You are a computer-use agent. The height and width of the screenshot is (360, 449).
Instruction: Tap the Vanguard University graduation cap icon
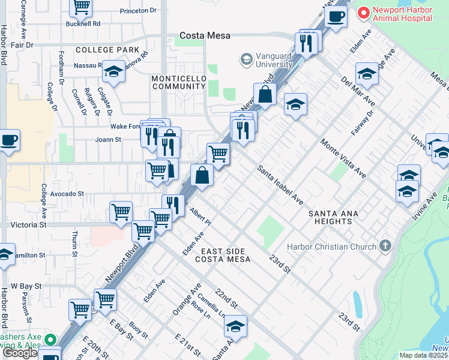point(246,59)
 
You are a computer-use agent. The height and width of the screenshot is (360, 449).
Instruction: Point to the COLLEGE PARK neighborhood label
point(107,50)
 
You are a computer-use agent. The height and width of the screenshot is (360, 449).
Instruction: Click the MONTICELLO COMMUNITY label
point(178,83)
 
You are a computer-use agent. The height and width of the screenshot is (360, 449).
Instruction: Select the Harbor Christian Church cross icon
point(385,246)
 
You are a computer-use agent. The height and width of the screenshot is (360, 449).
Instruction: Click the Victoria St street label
point(28,224)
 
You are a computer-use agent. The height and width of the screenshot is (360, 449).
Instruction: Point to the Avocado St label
point(67,194)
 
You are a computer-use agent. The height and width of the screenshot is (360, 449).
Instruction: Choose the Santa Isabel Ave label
point(280,185)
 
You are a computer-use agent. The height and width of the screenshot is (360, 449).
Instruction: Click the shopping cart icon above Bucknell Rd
point(81,7)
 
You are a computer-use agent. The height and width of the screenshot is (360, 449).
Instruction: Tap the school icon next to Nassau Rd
point(113,73)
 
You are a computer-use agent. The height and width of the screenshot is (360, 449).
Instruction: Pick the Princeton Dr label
point(137,11)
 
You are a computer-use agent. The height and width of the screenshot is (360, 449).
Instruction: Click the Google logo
point(20,353)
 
